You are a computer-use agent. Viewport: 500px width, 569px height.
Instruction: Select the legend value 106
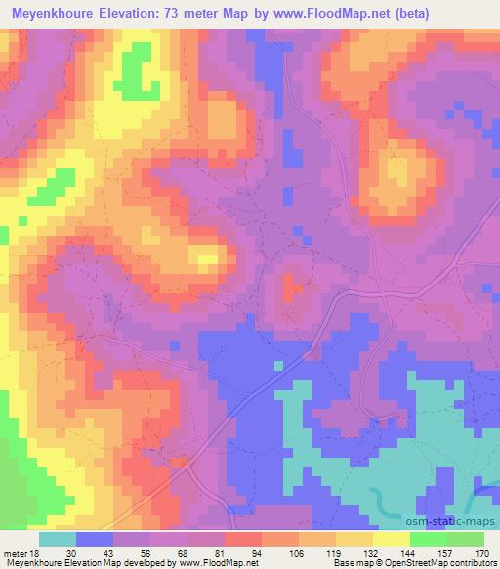295,554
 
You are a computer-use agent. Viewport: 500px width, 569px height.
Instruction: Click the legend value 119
333,554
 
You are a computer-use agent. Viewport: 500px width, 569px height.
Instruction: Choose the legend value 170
479,554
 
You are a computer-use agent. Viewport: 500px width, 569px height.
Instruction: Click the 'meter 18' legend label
17,554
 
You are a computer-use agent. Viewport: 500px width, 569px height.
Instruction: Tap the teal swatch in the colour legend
58,539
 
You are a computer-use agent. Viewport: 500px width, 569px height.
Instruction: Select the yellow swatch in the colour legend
391,539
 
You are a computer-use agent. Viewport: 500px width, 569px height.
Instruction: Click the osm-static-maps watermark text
457,523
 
